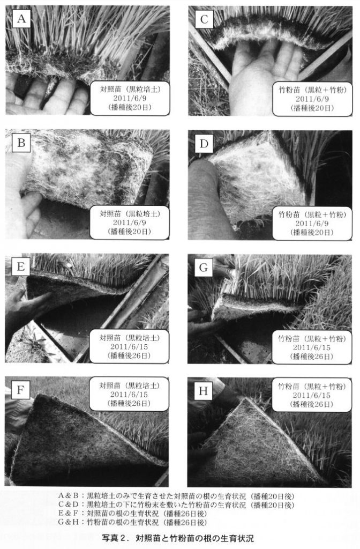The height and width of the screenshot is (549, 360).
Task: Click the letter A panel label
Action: point(21,19)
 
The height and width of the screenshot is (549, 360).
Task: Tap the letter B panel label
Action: point(21,143)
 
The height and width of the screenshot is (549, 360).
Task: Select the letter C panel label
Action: point(204,19)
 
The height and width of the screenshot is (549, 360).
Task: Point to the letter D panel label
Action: point(204,144)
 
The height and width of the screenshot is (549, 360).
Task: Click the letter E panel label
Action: point(21,267)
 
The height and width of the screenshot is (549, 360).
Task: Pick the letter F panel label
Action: point(20,390)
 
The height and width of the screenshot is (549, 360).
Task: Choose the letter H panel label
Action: point(203,391)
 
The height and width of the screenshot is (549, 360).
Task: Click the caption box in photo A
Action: point(130,99)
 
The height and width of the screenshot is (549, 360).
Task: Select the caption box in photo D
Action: point(312,223)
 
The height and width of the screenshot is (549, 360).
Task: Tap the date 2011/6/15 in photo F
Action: point(129,395)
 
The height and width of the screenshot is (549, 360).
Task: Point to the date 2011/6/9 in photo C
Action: point(312,99)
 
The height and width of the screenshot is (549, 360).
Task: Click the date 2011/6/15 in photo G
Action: point(312,347)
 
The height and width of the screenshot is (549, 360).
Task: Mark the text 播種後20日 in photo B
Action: point(130,232)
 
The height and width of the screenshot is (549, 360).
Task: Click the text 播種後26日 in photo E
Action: point(129,356)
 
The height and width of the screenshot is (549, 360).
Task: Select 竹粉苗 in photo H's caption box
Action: point(289,386)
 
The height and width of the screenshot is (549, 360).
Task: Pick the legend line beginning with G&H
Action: point(132,522)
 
